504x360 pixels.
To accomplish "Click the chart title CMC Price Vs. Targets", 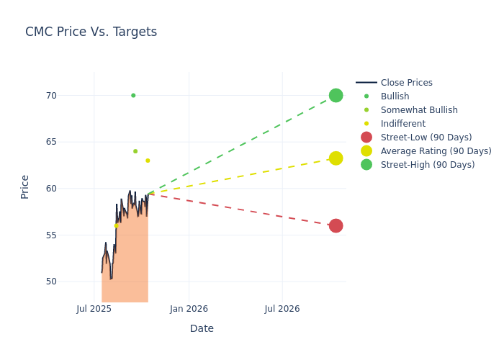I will (x=91, y=32).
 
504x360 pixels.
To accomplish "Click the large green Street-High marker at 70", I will (x=336, y=95).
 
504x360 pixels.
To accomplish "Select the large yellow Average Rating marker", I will (x=336, y=158).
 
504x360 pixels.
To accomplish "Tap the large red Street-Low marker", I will (x=336, y=226).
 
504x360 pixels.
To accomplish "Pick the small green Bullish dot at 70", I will (x=133, y=95).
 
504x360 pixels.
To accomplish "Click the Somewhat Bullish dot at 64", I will (x=135, y=151).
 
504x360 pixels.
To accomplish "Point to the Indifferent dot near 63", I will (x=148, y=161).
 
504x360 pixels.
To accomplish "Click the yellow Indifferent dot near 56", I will (x=117, y=225).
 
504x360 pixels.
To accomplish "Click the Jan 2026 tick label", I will (x=189, y=309).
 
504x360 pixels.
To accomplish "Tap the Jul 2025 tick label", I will (x=94, y=309).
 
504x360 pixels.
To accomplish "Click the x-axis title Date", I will (x=202, y=329).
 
